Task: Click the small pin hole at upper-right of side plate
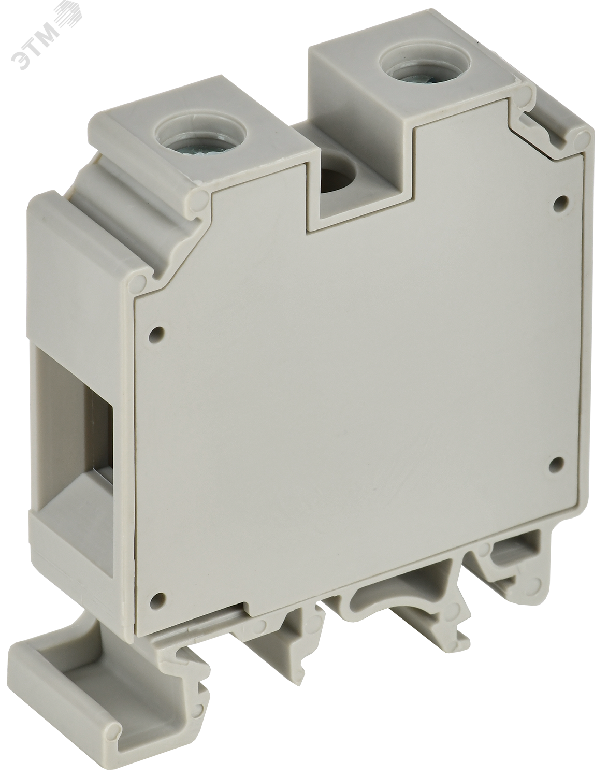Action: point(560,202)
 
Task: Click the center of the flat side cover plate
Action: point(352,404)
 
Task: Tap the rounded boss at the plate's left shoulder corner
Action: point(139,281)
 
